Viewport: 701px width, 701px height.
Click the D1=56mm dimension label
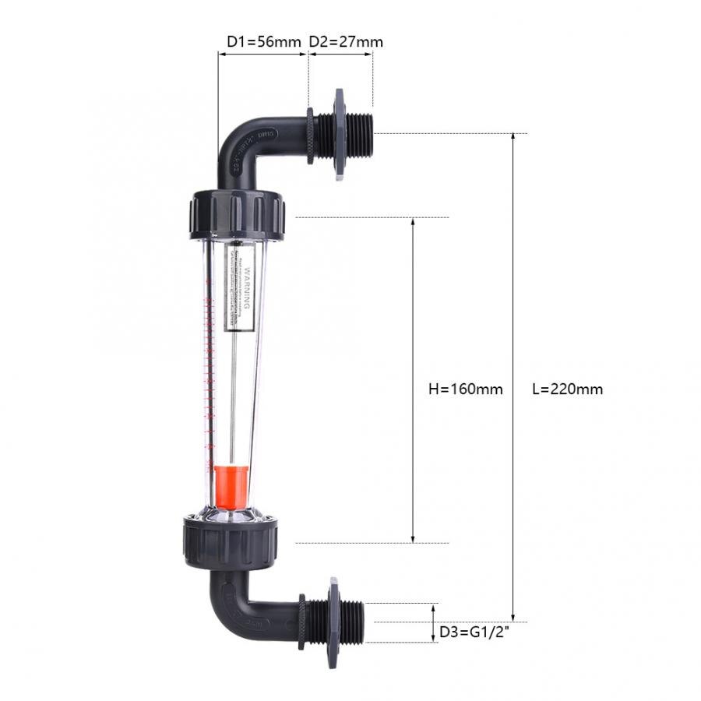pyautogui.click(x=262, y=41)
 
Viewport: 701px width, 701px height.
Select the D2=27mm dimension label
pyautogui.click(x=346, y=41)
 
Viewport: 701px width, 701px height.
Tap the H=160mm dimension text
pyautogui.click(x=466, y=389)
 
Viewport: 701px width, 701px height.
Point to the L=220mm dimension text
pyautogui.click(x=567, y=389)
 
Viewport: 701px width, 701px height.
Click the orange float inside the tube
pyautogui.click(x=231, y=483)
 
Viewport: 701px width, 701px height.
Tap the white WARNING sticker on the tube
pyautogui.click(x=240, y=288)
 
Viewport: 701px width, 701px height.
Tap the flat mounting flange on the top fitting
pyautogui.click(x=339, y=134)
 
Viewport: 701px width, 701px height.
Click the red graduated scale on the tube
pyautogui.click(x=209, y=366)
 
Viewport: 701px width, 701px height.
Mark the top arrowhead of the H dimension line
pyautogui.click(x=413, y=223)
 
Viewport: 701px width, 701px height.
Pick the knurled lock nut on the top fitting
pyautogui.click(x=310, y=136)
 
